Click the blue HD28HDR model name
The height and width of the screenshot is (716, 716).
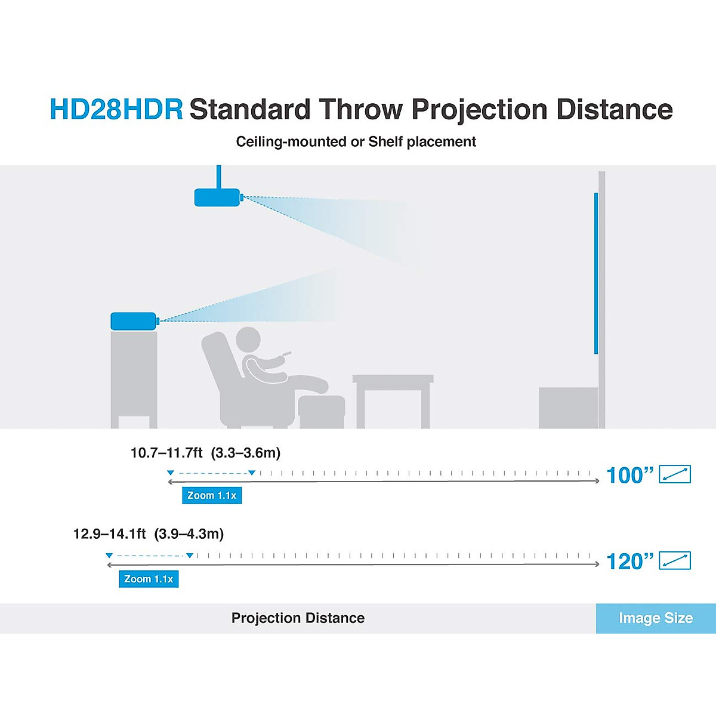pyautogui.click(x=116, y=110)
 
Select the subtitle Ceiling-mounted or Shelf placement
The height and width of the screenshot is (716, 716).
pyautogui.click(x=356, y=142)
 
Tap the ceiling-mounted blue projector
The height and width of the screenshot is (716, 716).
pyautogui.click(x=217, y=197)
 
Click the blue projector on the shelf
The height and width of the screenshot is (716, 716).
pyautogui.click(x=133, y=321)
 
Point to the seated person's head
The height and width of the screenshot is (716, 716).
pyautogui.click(x=248, y=340)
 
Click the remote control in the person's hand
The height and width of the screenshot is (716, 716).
pyautogui.click(x=286, y=355)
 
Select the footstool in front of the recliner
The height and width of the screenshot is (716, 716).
pyautogui.click(x=322, y=411)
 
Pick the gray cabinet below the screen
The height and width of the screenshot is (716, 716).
pyautogui.click(x=567, y=408)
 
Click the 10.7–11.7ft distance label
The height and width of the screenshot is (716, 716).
pyautogui.click(x=166, y=453)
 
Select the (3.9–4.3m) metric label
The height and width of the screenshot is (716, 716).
pyautogui.click(x=189, y=534)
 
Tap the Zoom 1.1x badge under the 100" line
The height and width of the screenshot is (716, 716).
pyautogui.click(x=212, y=495)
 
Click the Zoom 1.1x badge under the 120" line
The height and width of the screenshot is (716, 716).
pyautogui.click(x=149, y=579)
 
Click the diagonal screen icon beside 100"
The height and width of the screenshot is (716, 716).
pyautogui.click(x=675, y=474)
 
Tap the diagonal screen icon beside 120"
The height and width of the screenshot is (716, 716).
pyautogui.click(x=675, y=561)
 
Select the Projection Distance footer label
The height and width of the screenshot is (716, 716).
pyautogui.click(x=298, y=618)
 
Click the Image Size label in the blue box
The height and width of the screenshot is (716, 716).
pyautogui.click(x=656, y=618)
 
